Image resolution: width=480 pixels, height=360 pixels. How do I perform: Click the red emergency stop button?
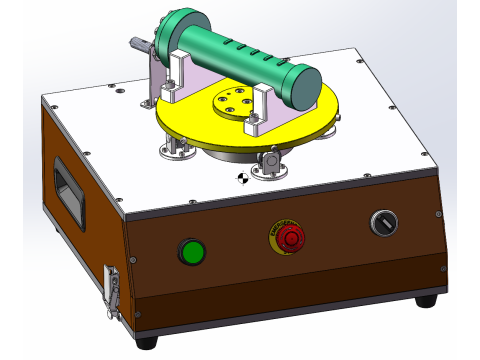point(290,238)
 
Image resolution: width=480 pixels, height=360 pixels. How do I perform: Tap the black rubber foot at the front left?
point(146,341)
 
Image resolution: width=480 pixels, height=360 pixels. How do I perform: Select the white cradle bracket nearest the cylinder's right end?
point(259,109)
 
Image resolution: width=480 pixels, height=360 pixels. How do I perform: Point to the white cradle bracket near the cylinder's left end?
point(180,71)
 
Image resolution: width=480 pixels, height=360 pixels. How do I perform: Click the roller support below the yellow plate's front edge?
point(269,162)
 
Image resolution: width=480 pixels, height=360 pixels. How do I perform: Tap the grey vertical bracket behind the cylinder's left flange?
point(156,70)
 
